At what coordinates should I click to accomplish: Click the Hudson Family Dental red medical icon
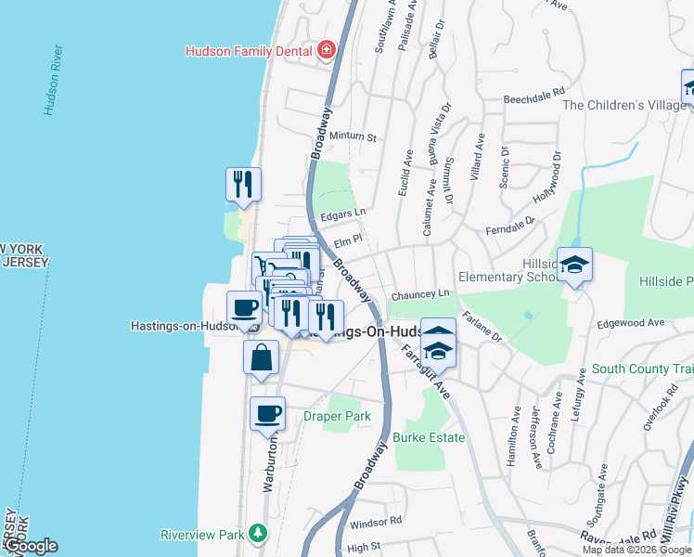pyautogui.click(x=326, y=50)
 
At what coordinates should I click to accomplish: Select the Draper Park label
pyautogui.click(x=337, y=416)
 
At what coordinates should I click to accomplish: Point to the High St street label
pyautogui.click(x=363, y=548)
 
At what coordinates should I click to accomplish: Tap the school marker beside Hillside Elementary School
pyautogui.click(x=574, y=266)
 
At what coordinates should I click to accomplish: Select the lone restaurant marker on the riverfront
pyautogui.click(x=244, y=184)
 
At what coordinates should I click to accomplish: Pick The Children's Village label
pyautogui.click(x=624, y=105)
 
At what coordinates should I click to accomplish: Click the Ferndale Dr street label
pyautogui.click(x=510, y=226)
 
